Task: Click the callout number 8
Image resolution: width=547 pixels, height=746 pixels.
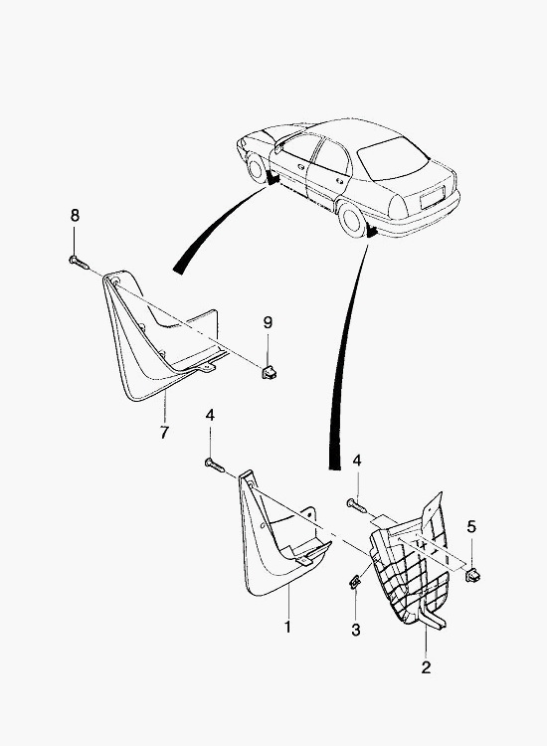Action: [x=75, y=216]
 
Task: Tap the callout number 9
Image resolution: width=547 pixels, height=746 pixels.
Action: [x=268, y=322]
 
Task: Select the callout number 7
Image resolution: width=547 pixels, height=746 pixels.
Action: [x=164, y=433]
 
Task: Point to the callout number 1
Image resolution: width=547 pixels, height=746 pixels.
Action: [x=287, y=627]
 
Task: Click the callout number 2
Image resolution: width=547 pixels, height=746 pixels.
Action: [x=426, y=667]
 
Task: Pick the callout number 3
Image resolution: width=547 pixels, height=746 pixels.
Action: [x=356, y=630]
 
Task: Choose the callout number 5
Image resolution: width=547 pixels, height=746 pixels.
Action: [x=470, y=526]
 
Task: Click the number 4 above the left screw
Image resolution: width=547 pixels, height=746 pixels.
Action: [x=210, y=416]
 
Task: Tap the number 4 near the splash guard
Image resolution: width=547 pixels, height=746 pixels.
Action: [x=357, y=461]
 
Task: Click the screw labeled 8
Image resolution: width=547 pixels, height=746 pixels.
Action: [x=79, y=263]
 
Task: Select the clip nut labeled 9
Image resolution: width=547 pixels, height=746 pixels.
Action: [x=270, y=371]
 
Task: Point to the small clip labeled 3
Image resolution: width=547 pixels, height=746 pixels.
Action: [x=355, y=581]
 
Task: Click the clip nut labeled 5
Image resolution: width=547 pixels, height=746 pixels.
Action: [x=472, y=575]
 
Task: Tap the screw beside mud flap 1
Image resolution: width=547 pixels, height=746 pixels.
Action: [x=215, y=465]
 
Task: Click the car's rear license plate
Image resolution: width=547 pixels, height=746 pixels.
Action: [x=432, y=198]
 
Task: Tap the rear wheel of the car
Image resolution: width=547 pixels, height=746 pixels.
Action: [x=352, y=220]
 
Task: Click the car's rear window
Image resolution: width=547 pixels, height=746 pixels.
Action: [x=393, y=158]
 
